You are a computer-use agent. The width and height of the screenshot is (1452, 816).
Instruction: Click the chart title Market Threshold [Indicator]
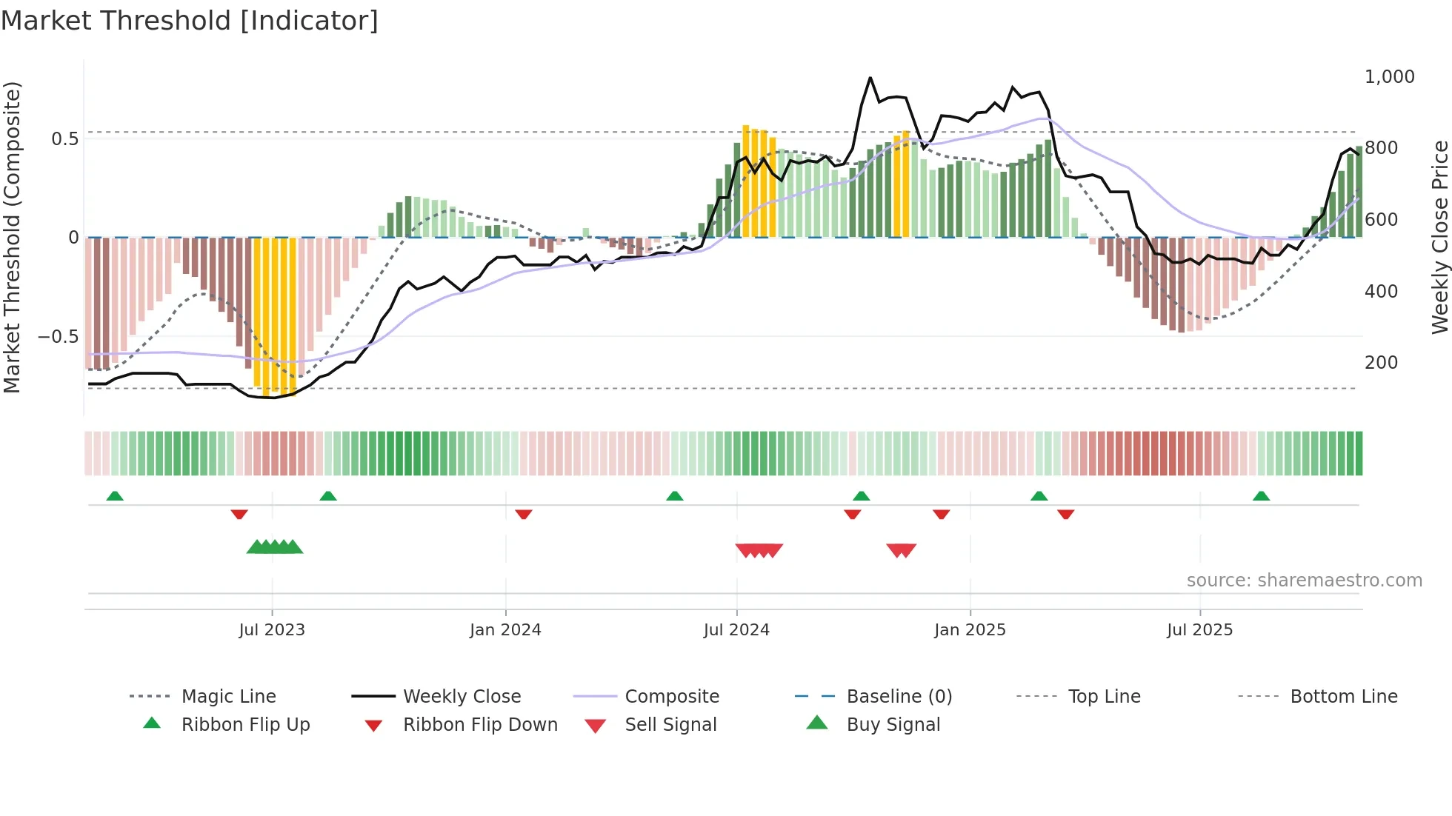[190, 21]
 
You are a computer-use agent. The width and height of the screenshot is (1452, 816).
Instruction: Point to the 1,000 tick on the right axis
[1389, 77]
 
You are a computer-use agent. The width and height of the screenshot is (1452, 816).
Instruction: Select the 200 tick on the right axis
[1381, 363]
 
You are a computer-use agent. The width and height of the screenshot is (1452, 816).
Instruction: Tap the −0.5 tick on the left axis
[58, 337]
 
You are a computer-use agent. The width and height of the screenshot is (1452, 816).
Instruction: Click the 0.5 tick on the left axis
[64, 139]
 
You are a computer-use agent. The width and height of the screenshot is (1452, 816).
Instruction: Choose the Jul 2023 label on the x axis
[272, 630]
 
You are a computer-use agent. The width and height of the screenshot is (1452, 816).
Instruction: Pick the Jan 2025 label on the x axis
[970, 630]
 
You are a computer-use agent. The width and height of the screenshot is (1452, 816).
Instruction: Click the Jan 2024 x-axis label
[505, 630]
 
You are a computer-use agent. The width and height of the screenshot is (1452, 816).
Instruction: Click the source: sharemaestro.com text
[1304, 581]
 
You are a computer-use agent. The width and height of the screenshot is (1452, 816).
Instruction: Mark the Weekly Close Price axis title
[1439, 237]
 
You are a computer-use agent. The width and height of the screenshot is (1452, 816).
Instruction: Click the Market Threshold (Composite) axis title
[12, 237]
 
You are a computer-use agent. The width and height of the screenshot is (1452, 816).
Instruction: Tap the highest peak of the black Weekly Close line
[870, 78]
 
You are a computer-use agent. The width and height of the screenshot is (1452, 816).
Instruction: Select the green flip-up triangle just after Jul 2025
[1261, 496]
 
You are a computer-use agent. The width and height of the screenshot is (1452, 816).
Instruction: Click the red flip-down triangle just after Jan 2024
[524, 514]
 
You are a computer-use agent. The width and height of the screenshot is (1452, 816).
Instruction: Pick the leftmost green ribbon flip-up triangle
[115, 496]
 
